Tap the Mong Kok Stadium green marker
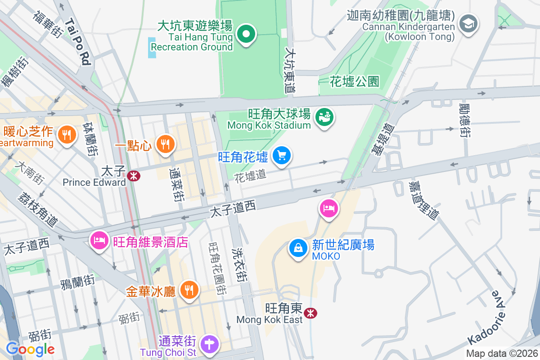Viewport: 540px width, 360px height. pyautogui.click(x=324, y=117)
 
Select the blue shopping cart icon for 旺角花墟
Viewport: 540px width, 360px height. pyautogui.click(x=282, y=156)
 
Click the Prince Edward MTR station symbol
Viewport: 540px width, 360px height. pyautogui.click(x=133, y=176)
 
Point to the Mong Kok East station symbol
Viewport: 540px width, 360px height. pyautogui.click(x=310, y=313)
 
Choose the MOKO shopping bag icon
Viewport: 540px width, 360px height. pyautogui.click(x=298, y=247)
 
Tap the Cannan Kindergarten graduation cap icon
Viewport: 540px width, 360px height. pyautogui.click(x=468, y=22)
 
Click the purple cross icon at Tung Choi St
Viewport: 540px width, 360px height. pyautogui.click(x=209, y=344)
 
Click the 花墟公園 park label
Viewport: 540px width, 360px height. pyautogui.click(x=355, y=81)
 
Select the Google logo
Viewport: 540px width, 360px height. pyautogui.click(x=30, y=349)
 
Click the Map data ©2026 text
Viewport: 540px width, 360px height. pyautogui.click(x=501, y=353)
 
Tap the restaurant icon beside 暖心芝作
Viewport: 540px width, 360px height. pyautogui.click(x=66, y=134)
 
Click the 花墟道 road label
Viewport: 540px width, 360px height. pyautogui.click(x=250, y=176)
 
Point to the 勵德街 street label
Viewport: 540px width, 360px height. pyautogui.click(x=465, y=120)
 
